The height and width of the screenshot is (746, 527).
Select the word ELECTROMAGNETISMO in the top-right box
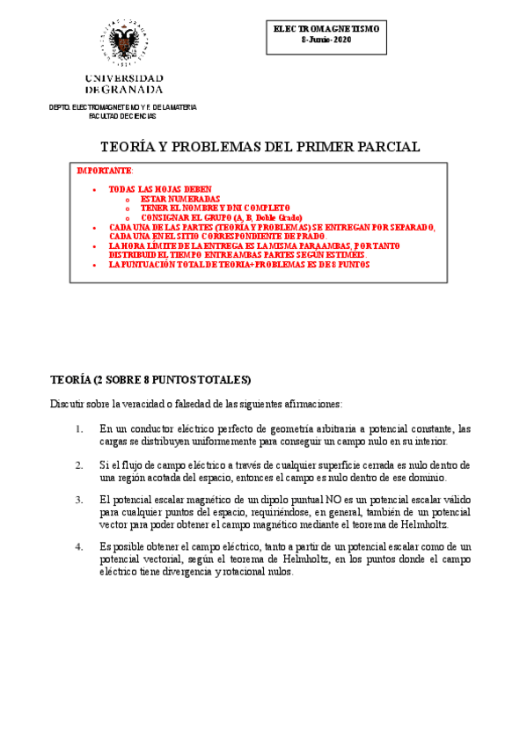coord(326,29)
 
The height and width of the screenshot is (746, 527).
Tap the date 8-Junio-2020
coord(326,40)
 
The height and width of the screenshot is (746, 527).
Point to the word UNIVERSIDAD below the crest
coord(123,78)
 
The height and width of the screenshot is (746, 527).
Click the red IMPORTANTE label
coord(105,170)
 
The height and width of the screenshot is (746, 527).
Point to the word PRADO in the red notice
coord(309,236)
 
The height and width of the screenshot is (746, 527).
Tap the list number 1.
coord(79,428)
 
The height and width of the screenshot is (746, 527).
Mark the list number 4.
coord(79,546)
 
